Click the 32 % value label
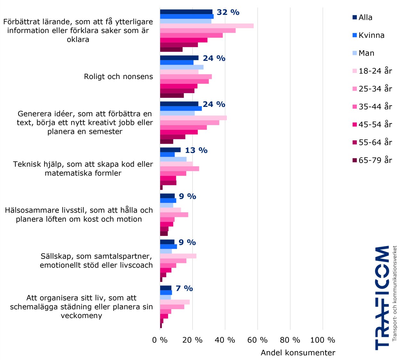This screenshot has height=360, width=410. point(228,12)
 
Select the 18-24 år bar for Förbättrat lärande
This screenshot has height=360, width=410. point(207,26)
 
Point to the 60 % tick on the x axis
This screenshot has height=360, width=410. point(258,340)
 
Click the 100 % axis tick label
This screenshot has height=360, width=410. point(323,340)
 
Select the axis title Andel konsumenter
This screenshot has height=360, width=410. point(298,353)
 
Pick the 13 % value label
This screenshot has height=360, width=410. point(196,150)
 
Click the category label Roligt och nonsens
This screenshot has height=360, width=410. point(118,76)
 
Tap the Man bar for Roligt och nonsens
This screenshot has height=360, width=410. point(182,67)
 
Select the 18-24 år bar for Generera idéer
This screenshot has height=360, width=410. point(193,118)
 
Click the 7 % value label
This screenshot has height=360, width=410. point(184,289)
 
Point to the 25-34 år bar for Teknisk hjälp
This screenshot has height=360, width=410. point(179,169)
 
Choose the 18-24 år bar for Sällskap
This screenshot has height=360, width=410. point(178,256)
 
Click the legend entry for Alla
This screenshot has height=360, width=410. point(365,17)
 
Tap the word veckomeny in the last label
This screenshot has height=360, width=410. point(81,316)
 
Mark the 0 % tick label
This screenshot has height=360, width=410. point(160,340)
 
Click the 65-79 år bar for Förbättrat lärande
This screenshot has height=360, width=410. point(171,50)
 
